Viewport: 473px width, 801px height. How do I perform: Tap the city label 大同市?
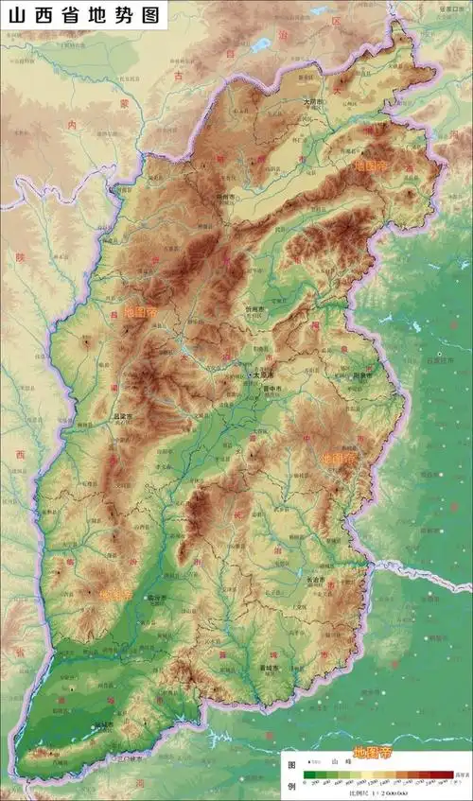313,101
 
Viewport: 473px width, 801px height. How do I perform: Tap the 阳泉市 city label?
362,375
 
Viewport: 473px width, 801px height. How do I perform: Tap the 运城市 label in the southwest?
102,725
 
